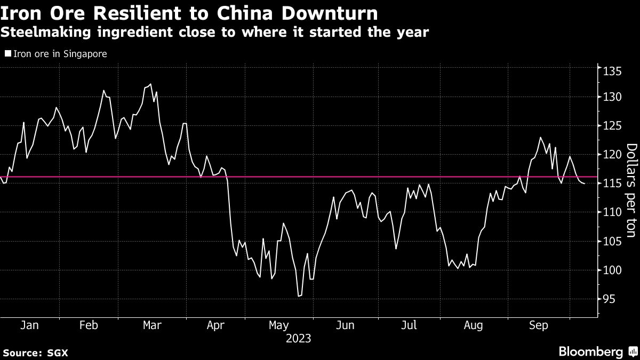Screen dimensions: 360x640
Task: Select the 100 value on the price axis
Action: [x=610, y=270]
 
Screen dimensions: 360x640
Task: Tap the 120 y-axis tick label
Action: [x=610, y=155]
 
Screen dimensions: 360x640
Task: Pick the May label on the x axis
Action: [x=279, y=325]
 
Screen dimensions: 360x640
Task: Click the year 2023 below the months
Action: [x=299, y=338]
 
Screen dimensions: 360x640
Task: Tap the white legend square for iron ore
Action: [x=7, y=54]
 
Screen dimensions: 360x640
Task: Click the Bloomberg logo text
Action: [x=590, y=351]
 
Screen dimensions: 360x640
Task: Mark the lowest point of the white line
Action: [x=299, y=296]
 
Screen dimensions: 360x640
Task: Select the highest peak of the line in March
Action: [x=150, y=84]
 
